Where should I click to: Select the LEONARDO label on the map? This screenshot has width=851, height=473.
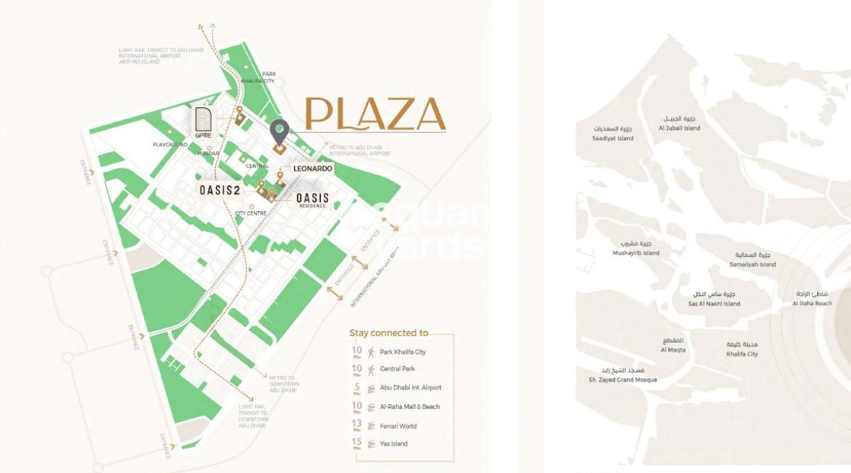coord(312,169)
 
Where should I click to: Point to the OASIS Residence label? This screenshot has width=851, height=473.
coord(313,200)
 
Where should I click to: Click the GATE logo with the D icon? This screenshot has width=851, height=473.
coord(203,123)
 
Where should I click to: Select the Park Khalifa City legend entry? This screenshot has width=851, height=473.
coord(402,352)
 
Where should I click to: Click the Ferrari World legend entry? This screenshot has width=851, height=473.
coord(398,426)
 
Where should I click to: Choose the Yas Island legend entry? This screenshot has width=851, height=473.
coord(393,444)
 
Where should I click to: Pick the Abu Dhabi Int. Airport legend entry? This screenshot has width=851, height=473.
coord(410,388)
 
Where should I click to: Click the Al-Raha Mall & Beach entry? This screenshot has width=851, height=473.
coord(409,407)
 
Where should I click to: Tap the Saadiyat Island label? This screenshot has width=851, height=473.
coord(613,134)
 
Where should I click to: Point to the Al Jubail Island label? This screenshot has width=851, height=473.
coord(679,123)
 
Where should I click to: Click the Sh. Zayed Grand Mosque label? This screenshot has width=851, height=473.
coord(622,375)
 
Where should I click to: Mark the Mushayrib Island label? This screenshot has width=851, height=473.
coord(635,249)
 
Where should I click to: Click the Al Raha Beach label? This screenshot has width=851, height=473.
coord(812,299)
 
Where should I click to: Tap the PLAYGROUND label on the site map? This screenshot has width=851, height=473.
coord(170,145)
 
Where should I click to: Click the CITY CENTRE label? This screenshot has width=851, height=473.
coord(250,213)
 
